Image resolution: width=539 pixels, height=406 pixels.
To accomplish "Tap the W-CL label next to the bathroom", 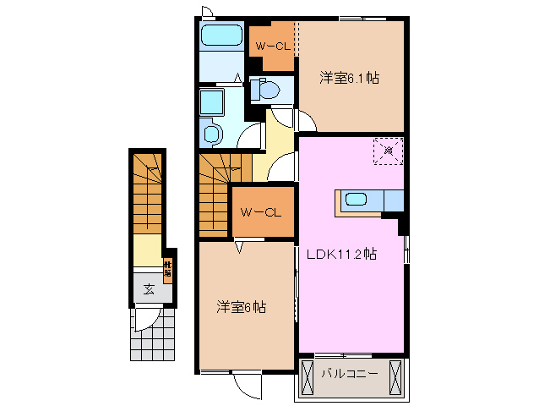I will tap(272, 47).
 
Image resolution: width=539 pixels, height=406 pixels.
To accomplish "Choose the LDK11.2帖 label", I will tap(347, 253).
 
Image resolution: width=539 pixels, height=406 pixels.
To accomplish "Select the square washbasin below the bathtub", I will tap(211, 102).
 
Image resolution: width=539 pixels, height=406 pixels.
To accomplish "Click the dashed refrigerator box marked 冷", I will tap(389, 151).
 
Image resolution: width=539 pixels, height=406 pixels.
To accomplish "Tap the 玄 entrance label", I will tap(149, 289).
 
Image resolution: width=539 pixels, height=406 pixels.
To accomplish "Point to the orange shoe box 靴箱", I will tap(167, 270).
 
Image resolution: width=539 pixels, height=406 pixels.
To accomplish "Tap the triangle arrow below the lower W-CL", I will tap(239, 248).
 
